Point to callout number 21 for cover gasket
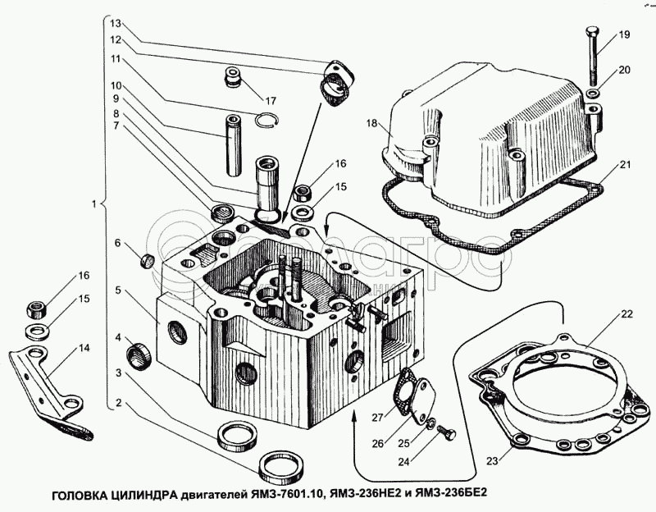pyautogui.click(x=626, y=166)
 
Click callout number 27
pyautogui.click(x=378, y=418)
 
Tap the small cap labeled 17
pyautogui.click(x=232, y=80)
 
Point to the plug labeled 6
pyautogui.click(x=148, y=261)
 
